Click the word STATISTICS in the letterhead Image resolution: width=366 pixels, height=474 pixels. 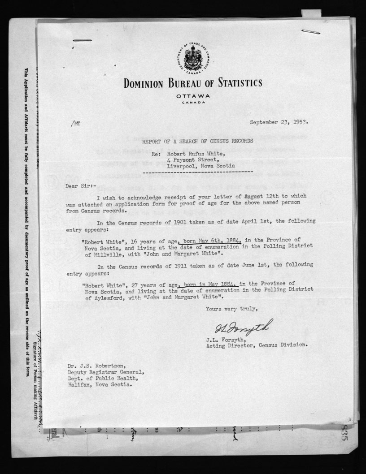tap(231, 83)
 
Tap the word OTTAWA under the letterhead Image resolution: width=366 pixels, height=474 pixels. tap(193, 96)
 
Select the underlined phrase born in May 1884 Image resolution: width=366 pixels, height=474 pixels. tap(209, 283)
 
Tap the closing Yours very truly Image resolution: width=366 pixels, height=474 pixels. tap(231, 309)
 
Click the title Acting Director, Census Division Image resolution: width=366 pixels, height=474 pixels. tap(257, 345)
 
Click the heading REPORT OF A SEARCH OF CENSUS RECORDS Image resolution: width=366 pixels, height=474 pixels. tap(197, 141)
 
